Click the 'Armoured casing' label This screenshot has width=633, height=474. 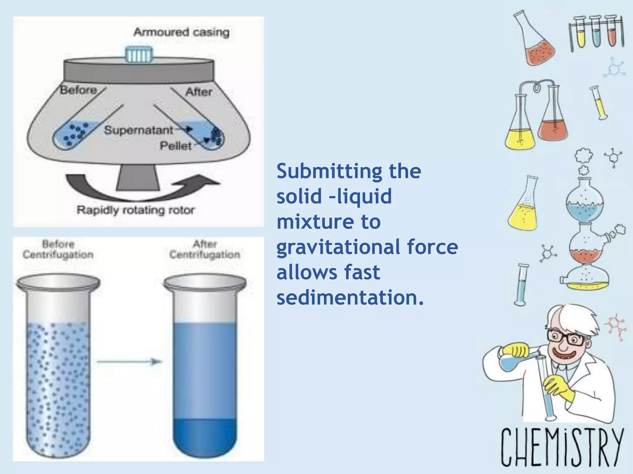(x=181, y=32)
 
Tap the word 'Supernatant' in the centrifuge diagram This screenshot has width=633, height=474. (x=138, y=130)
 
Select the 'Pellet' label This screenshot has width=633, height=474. (x=176, y=146)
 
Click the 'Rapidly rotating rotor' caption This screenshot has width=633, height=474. (x=135, y=210)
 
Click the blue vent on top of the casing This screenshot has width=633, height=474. (x=139, y=55)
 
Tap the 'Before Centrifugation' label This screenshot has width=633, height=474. (x=58, y=249)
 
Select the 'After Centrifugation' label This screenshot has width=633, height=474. (x=205, y=249)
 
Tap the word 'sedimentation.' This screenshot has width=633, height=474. (x=350, y=297)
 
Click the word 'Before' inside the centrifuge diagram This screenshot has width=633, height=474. (x=79, y=90)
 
